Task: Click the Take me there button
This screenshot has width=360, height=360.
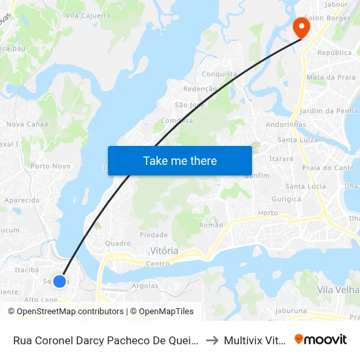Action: point(180,161)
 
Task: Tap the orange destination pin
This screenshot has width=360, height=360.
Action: point(302,27)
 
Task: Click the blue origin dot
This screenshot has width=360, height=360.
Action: point(60,281)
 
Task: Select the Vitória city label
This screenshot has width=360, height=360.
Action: point(164,251)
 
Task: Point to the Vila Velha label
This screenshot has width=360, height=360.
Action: point(337,289)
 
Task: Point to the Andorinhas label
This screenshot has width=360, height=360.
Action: point(286,124)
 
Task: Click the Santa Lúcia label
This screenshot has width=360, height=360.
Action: point(305,187)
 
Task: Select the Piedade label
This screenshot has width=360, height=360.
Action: point(154,235)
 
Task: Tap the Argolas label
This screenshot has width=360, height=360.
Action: point(145,286)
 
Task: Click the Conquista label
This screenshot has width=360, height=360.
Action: point(219,74)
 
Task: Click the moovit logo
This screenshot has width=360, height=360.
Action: point(321,340)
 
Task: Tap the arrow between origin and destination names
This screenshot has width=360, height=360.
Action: point(211,340)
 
